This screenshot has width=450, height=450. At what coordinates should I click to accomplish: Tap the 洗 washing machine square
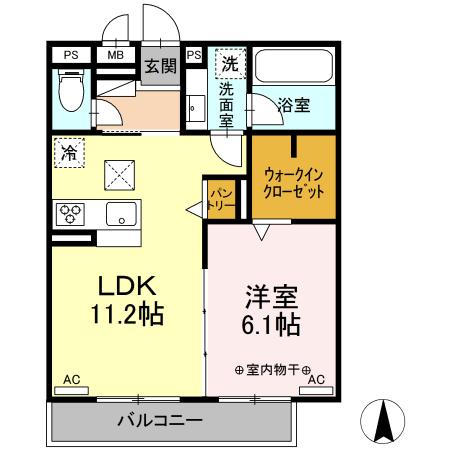pos(230,62)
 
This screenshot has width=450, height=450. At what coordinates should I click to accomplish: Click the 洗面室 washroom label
pos(227,104)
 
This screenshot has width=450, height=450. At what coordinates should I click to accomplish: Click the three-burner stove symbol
pos(72,213)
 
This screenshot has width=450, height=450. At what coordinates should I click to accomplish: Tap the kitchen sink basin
pos(120,213)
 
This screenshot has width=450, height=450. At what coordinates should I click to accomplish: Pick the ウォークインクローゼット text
pos(293,182)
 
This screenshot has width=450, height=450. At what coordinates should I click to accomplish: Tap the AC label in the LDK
pos(71,380)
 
